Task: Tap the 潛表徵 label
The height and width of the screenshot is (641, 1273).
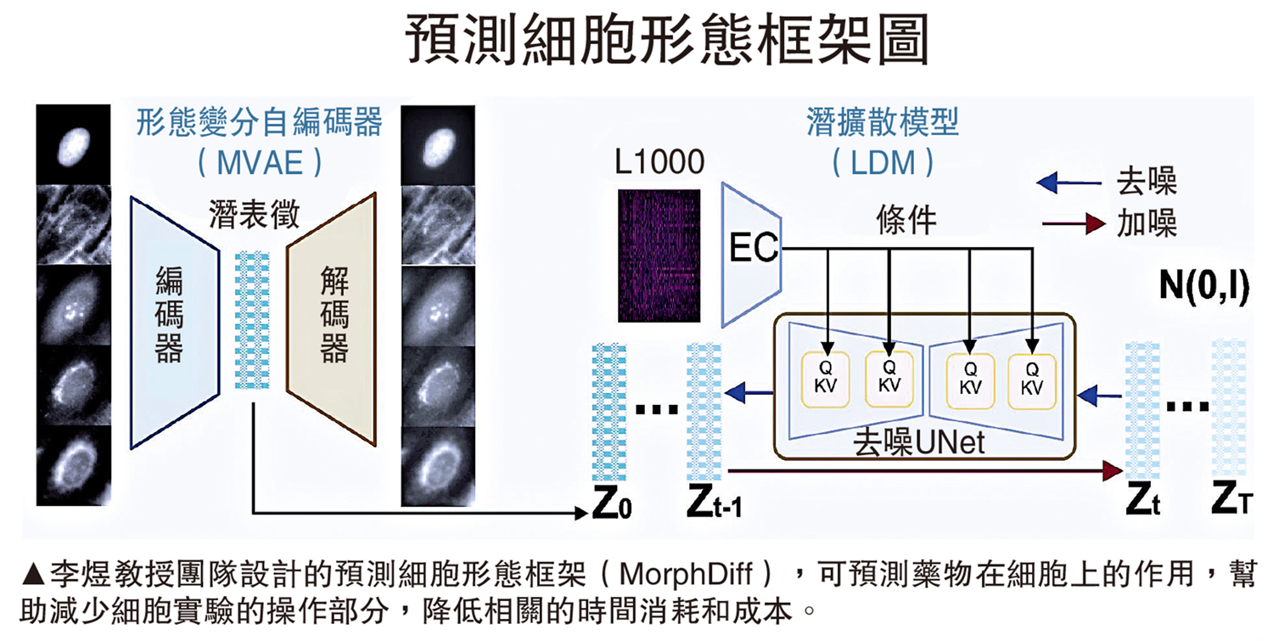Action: (x=254, y=216)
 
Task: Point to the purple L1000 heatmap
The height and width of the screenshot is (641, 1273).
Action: (x=659, y=255)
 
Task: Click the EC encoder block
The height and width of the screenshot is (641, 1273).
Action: (x=752, y=250)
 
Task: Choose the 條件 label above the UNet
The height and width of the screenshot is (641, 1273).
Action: (x=906, y=220)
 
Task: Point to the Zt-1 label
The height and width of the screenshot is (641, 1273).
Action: (x=715, y=506)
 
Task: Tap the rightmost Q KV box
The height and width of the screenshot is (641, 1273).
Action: (x=1031, y=379)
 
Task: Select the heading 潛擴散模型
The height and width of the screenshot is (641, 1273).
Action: (x=882, y=123)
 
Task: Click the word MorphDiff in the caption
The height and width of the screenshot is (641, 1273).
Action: (x=685, y=574)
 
